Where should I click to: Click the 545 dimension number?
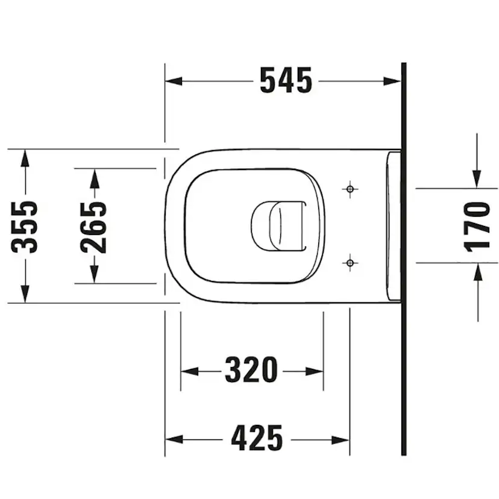point(286,81)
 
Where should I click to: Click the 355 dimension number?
point(26,226)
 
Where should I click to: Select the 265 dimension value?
point(95,226)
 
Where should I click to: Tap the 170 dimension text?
point(477,225)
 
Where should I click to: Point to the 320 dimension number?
point(251,370)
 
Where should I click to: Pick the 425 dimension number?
point(257,438)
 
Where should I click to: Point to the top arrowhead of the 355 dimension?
point(25,158)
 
